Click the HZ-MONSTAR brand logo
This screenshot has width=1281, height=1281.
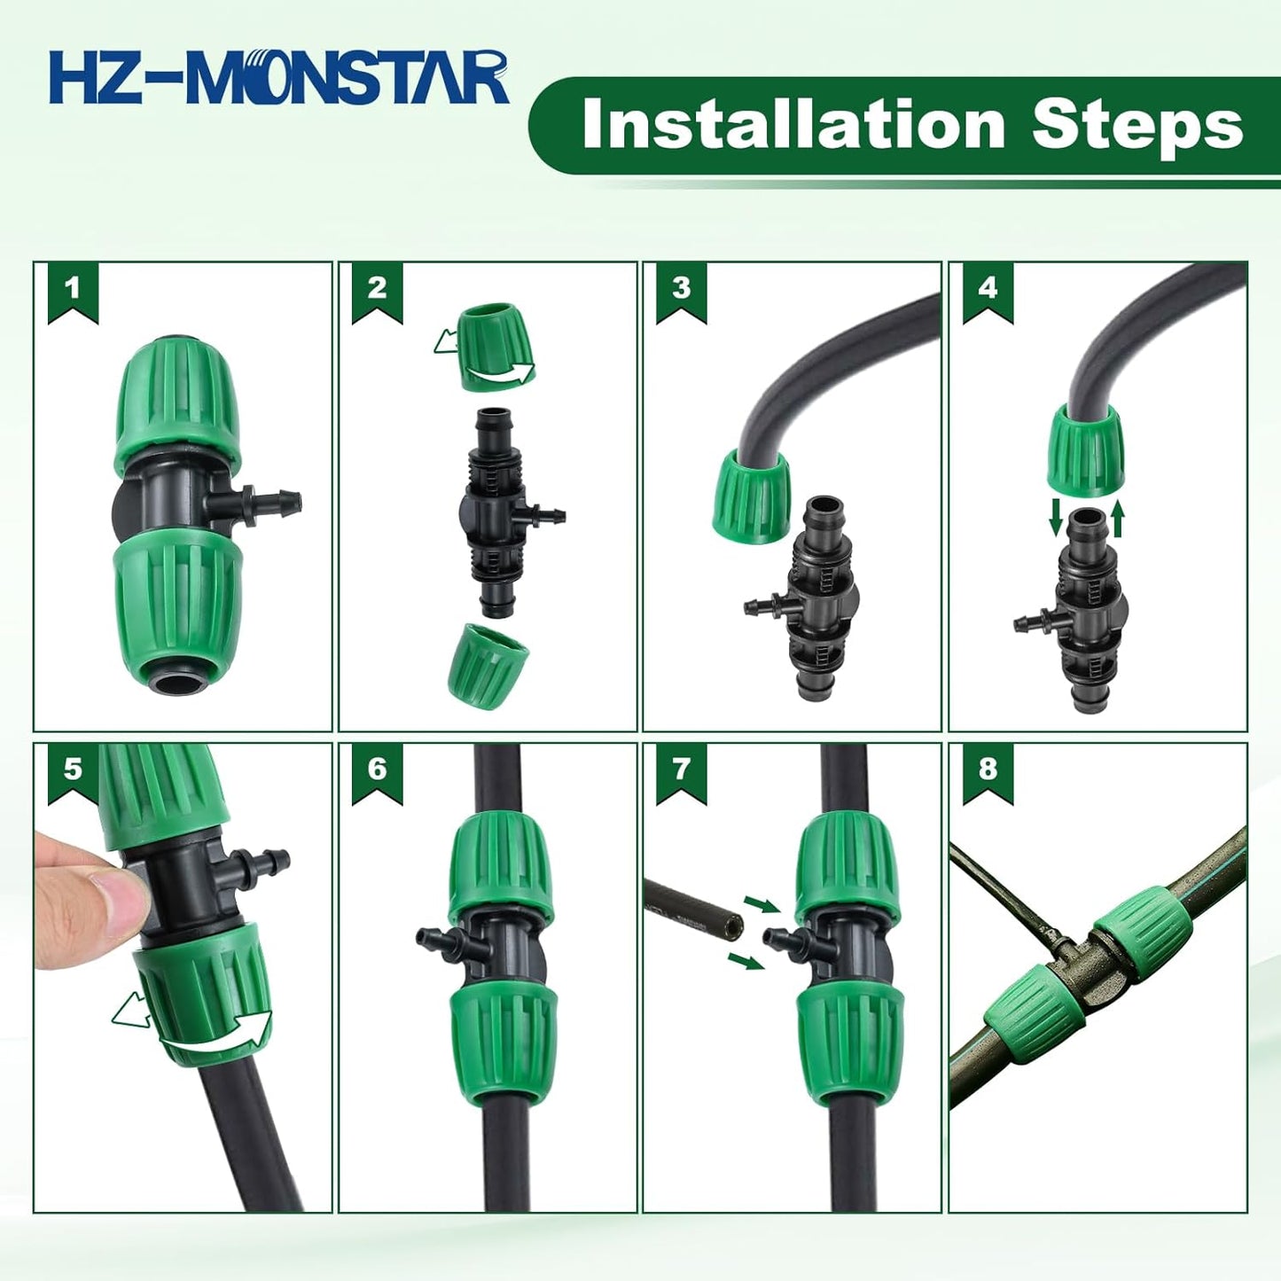[279, 78]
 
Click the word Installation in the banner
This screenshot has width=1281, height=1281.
[793, 125]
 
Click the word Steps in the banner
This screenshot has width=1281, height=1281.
[1137, 125]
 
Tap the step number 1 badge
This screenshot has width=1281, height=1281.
[73, 288]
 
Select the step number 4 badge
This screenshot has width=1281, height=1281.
[988, 288]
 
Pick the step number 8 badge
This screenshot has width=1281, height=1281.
[988, 769]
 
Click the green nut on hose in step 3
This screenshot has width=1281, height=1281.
[752, 496]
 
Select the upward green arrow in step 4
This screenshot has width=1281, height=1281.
[1117, 519]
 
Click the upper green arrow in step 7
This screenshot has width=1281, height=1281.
[761, 904]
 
